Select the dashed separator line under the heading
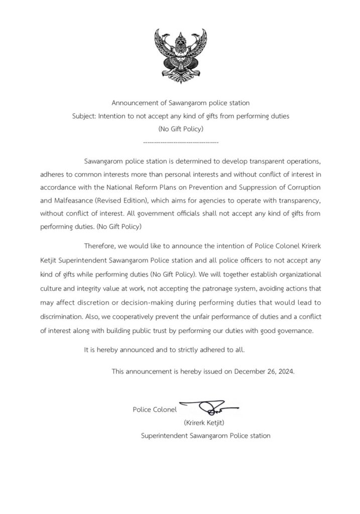(x=180, y=143)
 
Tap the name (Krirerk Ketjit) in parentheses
(x=203, y=423)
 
